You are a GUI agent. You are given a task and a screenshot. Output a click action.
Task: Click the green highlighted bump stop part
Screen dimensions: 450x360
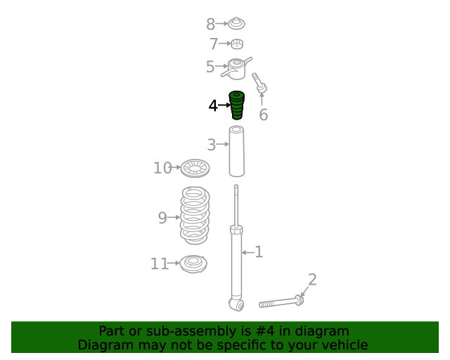tap(237, 105)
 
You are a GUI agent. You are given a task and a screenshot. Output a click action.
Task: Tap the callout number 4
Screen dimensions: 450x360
tap(213, 105)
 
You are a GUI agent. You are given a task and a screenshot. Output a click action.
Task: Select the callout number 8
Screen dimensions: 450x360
tap(211, 24)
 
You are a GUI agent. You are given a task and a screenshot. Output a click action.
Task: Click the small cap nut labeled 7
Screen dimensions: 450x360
tap(237, 44)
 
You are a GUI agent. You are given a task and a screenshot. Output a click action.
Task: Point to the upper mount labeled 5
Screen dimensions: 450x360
tap(237, 69)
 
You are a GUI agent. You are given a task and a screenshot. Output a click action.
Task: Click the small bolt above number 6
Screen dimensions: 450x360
tap(259, 83)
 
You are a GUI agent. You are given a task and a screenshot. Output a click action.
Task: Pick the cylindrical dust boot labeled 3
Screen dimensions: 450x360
tap(237, 151)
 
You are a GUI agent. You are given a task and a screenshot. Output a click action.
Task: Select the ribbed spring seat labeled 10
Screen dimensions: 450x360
tap(195, 168)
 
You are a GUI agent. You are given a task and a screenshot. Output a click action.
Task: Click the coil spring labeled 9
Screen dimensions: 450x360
tap(195, 215)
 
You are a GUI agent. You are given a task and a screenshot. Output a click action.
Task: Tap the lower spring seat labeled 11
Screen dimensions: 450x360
tap(193, 264)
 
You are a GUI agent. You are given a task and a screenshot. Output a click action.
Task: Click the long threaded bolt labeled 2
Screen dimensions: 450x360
tap(281, 302)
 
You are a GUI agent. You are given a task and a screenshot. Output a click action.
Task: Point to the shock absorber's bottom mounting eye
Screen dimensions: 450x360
tap(236, 305)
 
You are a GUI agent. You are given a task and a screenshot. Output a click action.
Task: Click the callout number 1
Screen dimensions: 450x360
tap(259, 252)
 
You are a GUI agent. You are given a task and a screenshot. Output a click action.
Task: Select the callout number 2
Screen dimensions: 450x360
tap(312, 279)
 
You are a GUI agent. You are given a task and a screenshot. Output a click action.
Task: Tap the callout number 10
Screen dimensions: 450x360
tap(162, 168)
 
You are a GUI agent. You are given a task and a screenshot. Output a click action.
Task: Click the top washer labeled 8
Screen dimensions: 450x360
tap(236, 23)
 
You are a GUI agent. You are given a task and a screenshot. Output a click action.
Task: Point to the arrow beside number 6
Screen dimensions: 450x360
tap(262, 98)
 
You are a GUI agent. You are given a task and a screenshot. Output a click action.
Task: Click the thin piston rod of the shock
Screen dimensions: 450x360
tap(236, 206)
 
